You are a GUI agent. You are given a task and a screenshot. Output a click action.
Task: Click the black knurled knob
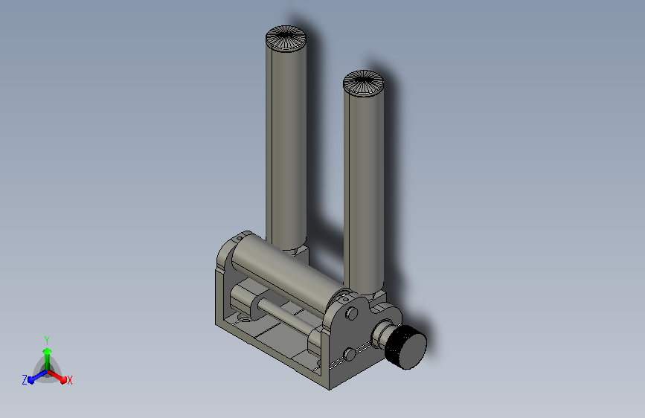pos(406,347)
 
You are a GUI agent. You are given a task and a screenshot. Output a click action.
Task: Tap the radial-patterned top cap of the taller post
pos(286,38)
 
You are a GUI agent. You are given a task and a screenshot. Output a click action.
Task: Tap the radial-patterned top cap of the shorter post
pos(363,83)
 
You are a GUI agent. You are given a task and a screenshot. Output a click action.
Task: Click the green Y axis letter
pos(47,341)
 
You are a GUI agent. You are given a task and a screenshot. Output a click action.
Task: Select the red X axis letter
pos(69,380)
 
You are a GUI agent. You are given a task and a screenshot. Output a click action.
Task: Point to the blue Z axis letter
pos(25,380)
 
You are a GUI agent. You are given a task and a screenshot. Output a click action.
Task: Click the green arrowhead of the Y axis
pos(48,352)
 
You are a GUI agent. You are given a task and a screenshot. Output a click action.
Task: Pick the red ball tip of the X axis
pos(63,379)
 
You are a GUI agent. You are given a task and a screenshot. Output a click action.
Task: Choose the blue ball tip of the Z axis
pos(31,380)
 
